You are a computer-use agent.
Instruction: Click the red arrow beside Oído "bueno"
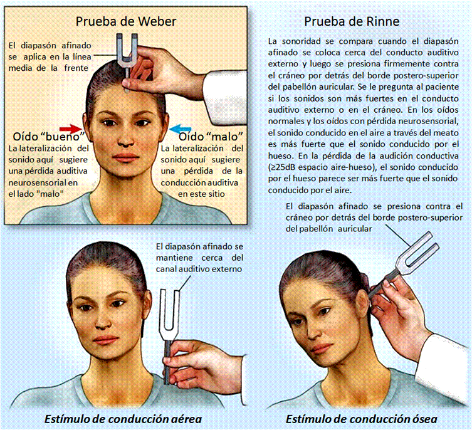pyautogui.click(x=71, y=128)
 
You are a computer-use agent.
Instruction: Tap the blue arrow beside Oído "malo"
pyautogui.click(x=181, y=129)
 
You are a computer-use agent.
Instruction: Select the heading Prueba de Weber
pyautogui.click(x=126, y=21)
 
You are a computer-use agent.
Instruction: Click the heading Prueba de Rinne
pyautogui.click(x=352, y=21)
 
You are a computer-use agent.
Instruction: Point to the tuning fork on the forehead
pyautogui.click(x=127, y=60)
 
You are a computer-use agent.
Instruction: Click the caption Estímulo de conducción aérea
pyautogui.click(x=123, y=419)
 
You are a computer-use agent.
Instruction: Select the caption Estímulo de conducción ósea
pyautogui.click(x=361, y=419)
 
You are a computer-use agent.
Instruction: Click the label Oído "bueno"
pyautogui.click(x=48, y=137)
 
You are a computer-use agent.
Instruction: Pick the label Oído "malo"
pyautogui.click(x=211, y=137)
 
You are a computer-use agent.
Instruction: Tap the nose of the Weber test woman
pyautogui.click(x=125, y=139)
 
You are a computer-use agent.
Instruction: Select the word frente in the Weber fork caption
pyautogui.click(x=76, y=68)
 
